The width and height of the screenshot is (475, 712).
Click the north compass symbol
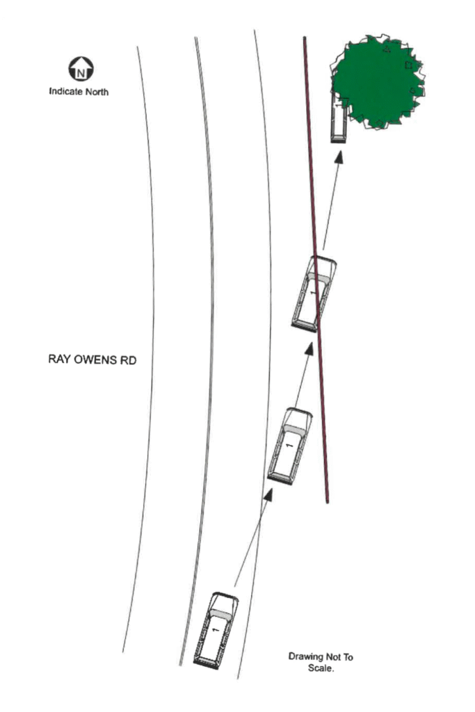tap(81, 69)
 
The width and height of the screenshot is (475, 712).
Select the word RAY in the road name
tap(58, 359)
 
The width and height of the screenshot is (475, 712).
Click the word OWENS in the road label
tap(95, 359)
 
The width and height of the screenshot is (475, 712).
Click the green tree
tap(378, 81)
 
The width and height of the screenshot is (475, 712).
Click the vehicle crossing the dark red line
tap(314, 294)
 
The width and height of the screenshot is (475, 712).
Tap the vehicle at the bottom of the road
tap(216, 630)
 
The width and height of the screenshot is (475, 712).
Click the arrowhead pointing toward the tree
tap(339, 157)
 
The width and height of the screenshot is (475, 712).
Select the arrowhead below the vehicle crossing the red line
tap(309, 349)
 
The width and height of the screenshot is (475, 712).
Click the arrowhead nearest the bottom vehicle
tap(269, 495)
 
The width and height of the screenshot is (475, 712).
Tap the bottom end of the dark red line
tap(328, 502)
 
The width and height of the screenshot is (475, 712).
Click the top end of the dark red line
tap(305, 38)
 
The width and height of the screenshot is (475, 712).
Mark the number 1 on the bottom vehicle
tap(216, 630)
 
